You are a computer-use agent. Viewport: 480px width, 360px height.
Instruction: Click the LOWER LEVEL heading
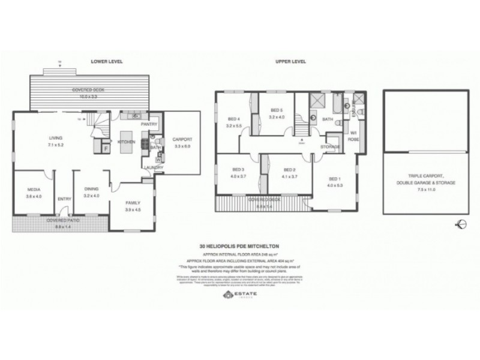[x=103, y=62]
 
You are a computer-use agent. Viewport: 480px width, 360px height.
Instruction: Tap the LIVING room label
[x=55, y=139]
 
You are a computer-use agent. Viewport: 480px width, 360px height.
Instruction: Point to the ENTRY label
[x=64, y=200]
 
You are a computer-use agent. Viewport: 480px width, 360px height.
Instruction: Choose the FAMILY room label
[x=133, y=203]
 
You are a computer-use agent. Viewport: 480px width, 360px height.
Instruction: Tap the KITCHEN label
[x=126, y=142]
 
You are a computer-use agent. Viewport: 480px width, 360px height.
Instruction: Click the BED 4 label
[x=234, y=118]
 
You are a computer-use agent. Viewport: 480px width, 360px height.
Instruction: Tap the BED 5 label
[x=276, y=110]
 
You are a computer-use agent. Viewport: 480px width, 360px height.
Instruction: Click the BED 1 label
[x=335, y=179]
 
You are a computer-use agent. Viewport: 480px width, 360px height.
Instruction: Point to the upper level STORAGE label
[x=330, y=147]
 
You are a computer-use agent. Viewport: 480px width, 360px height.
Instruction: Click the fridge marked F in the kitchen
[x=106, y=147]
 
